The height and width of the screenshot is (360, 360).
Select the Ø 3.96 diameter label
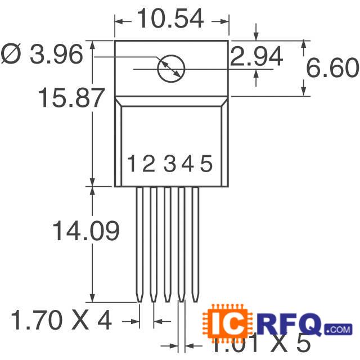[42, 55]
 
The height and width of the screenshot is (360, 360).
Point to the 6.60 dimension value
[332, 68]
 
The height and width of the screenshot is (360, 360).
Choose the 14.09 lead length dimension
[85, 231]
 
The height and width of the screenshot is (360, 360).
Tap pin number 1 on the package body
[131, 164]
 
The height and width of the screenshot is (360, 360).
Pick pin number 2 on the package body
[148, 164]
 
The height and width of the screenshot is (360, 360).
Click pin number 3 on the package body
[169, 164]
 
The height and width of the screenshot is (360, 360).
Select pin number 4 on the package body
[187, 164]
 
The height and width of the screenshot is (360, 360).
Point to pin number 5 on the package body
[206, 164]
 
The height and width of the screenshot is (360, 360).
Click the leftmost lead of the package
[138, 242]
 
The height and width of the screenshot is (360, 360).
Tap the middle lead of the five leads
[167, 242]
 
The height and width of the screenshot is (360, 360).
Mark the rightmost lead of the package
[196, 242]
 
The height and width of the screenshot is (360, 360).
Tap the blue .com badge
[337, 328]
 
